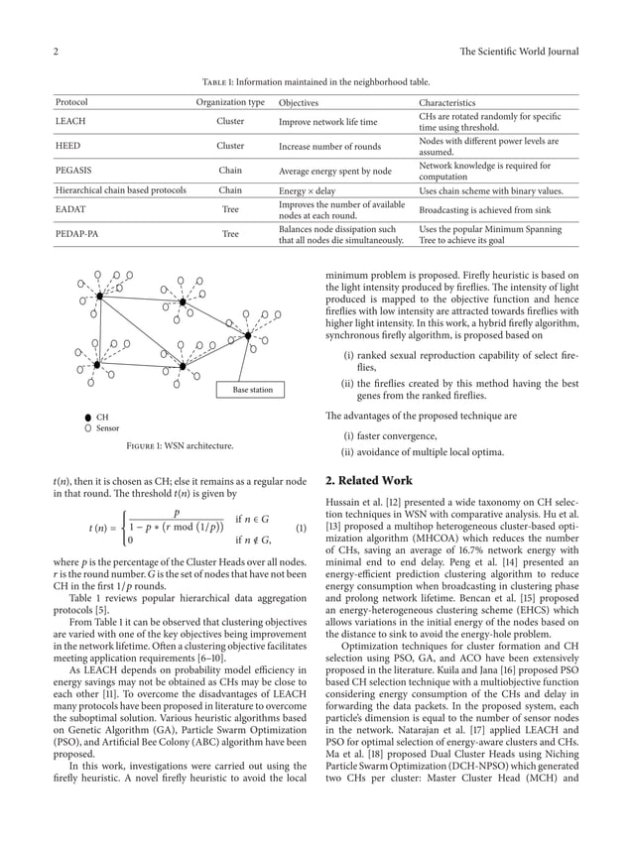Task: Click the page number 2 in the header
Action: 55,52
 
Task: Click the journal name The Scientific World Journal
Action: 518,52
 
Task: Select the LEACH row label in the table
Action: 70,122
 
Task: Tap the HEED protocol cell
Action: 67,146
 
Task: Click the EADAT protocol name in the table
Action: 71,209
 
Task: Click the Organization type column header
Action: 230,102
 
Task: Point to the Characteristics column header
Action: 446,102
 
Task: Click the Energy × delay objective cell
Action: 307,189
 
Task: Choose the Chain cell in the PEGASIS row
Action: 230,171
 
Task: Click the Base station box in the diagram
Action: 252,390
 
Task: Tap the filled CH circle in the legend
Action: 88,418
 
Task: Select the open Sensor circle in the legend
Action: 88,428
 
